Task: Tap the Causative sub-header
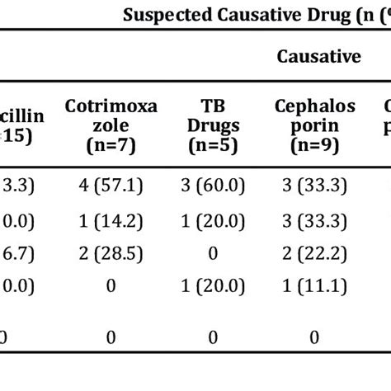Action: tap(318, 56)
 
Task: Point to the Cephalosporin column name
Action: tap(316, 115)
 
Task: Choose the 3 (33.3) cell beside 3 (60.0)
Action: tap(316, 186)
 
